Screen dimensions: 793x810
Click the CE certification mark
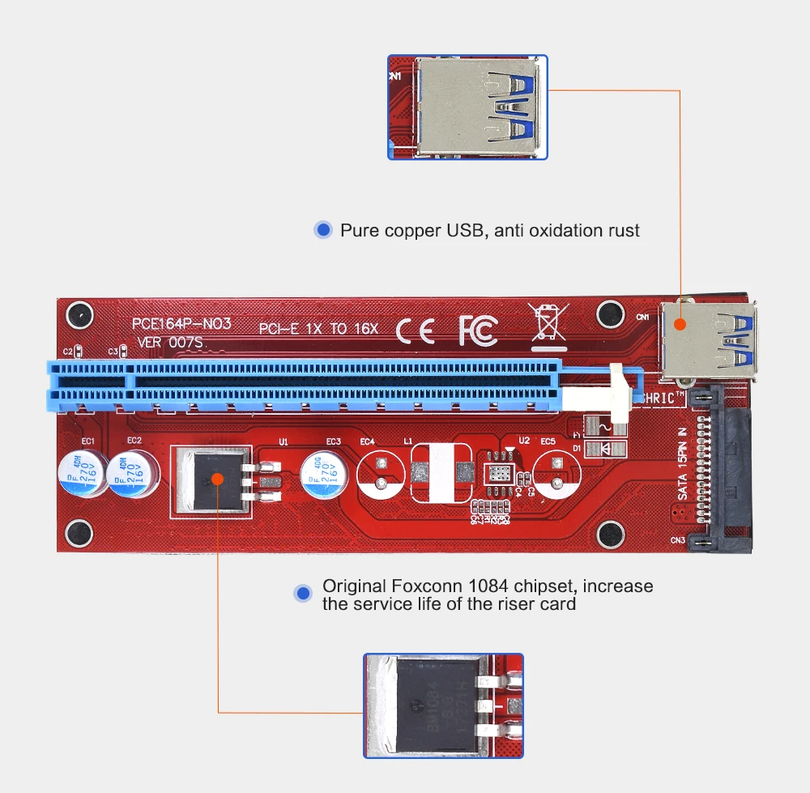coord(415,329)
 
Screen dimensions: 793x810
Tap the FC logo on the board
coord(478,329)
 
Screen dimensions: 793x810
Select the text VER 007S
coord(171,342)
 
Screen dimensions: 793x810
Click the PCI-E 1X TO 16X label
coord(318,329)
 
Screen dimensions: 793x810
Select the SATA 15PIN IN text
coord(682,463)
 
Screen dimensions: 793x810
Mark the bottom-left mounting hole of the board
coord(79,533)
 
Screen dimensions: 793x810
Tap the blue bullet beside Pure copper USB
coord(323,231)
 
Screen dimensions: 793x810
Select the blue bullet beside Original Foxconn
coord(304,594)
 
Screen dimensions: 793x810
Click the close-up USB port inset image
coord(467,107)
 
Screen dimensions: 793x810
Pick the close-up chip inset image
coord(442,706)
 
